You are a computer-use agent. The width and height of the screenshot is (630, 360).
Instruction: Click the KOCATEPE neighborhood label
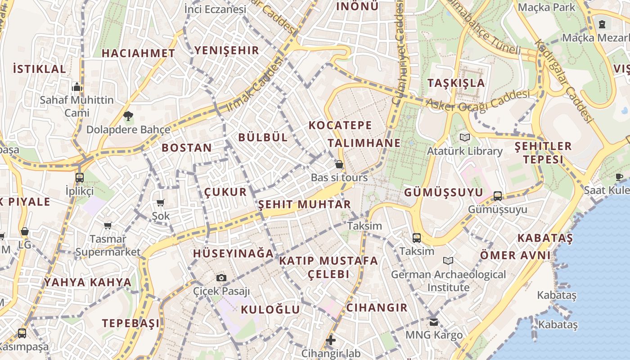[340, 126]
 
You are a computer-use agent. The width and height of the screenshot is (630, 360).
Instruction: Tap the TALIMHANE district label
[364, 143]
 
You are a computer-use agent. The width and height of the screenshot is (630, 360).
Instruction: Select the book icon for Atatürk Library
[464, 137]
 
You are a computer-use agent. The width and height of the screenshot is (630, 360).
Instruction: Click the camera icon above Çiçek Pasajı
[221, 278]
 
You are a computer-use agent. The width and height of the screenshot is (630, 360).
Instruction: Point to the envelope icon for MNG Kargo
[433, 322]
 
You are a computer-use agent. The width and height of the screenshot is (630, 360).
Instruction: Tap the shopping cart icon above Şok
[161, 203]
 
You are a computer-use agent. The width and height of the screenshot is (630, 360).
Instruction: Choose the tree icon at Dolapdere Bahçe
[128, 117]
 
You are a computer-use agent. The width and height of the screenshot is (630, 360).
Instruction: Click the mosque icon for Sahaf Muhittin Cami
[77, 87]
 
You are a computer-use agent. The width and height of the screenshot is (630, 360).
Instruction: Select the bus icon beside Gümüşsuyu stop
[497, 196]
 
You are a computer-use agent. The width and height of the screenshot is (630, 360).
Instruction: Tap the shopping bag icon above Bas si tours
[339, 164]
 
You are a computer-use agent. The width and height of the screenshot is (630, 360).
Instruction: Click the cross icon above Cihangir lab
[331, 340]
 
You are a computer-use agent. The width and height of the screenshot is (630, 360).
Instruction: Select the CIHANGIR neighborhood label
[377, 308]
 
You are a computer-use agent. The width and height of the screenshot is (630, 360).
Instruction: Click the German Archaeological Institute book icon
[448, 261]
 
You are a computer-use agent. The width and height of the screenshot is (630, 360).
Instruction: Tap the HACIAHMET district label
[138, 53]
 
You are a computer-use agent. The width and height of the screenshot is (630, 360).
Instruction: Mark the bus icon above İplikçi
[80, 177]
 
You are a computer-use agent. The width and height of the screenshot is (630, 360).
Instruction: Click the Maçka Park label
[547, 7]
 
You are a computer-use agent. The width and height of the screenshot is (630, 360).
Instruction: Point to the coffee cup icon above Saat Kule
[619, 177]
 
